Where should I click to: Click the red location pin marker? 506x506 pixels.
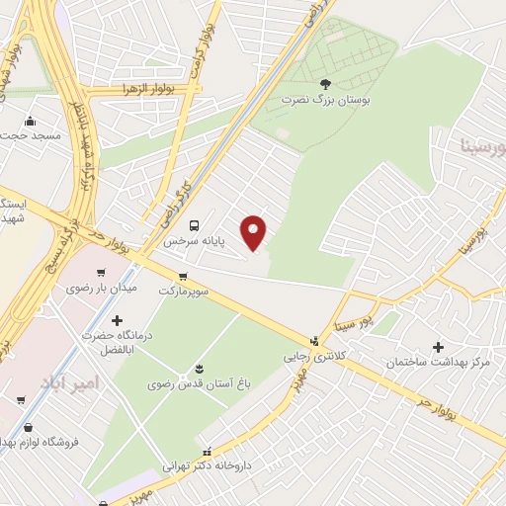(x=255, y=231)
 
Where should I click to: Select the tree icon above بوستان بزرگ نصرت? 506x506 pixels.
(x=327, y=86)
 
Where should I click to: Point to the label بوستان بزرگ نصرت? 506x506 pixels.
(x=327, y=101)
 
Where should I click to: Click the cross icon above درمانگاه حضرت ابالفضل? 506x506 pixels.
(x=118, y=320)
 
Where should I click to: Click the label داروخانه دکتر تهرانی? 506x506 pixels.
(x=210, y=464)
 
